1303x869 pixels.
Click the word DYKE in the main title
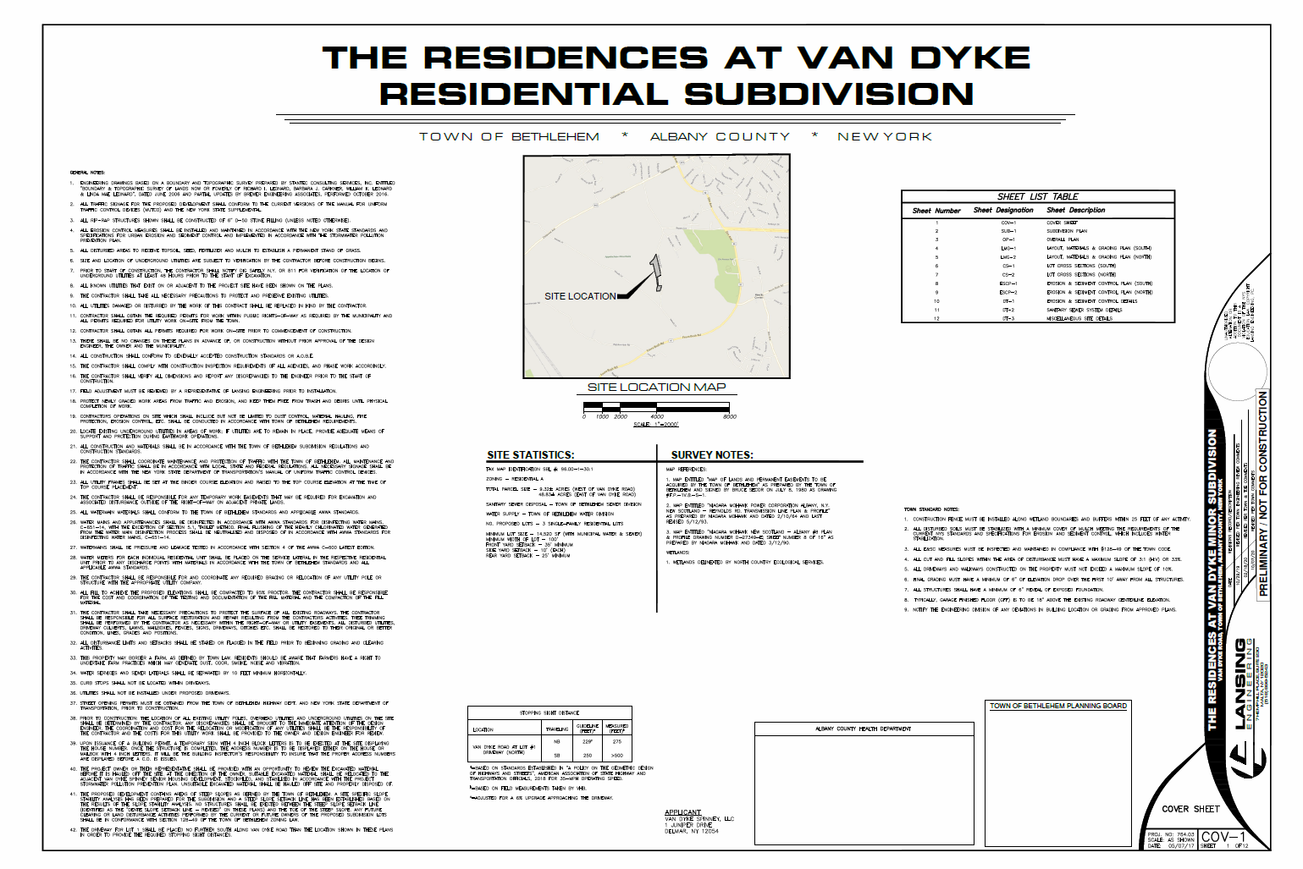970,58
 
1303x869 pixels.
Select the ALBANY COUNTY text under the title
720,136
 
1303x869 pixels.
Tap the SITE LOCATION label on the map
580,296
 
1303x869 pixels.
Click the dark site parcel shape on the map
655,272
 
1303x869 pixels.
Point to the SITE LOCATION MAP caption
656,387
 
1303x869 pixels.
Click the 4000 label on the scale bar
657,417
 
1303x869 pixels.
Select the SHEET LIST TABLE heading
1037,196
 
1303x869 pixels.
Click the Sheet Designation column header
1003,210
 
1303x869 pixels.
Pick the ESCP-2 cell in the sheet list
1008,292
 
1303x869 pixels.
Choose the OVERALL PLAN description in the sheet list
1063,239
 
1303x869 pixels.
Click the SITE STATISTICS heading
530,454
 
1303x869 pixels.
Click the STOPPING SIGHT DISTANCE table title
549,712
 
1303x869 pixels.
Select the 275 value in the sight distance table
617,741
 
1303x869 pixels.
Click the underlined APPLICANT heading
682,812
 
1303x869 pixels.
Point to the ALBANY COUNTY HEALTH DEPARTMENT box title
863,729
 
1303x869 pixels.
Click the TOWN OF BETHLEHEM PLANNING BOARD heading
1058,706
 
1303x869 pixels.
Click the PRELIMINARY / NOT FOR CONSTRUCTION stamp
1263,492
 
